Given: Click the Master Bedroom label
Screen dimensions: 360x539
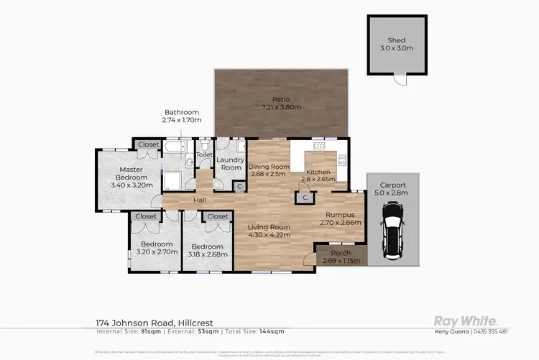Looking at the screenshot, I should tap(127, 173).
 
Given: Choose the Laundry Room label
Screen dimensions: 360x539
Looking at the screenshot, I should tap(231, 163).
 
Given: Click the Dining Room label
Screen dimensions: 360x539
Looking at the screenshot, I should tap(267, 167).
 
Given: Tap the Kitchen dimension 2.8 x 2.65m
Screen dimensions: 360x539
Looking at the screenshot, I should tap(321, 180).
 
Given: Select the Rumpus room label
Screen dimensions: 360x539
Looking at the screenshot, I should tap(339, 214).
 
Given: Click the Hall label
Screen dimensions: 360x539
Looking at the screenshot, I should tap(203, 200).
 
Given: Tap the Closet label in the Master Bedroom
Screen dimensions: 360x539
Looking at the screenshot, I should tap(149, 144).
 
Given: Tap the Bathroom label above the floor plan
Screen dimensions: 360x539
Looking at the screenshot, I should tap(181, 112).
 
